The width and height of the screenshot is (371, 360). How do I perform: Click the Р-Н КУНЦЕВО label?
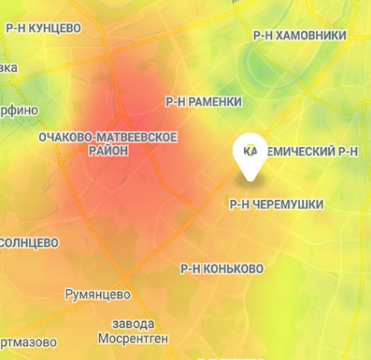pyautogui.click(x=43, y=28)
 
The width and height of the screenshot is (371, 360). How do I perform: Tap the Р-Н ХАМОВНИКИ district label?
pyautogui.click(x=299, y=35)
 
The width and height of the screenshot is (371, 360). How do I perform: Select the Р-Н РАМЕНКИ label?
pyautogui.click(x=203, y=102)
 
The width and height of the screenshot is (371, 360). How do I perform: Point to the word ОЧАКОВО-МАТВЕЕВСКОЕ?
pyautogui.click(x=107, y=137)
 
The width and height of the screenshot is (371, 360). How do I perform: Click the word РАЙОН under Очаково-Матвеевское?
pyautogui.click(x=108, y=151)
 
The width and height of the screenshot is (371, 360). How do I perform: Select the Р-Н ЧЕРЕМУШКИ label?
pyautogui.click(x=275, y=204)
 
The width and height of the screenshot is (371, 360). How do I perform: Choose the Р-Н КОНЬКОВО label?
pyautogui.click(x=222, y=268)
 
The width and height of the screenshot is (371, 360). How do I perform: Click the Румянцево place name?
pyautogui.click(x=98, y=294)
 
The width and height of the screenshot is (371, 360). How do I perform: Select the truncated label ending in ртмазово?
pyautogui.click(x=28, y=343)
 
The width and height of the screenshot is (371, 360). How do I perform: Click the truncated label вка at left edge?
pyautogui.click(x=8, y=68)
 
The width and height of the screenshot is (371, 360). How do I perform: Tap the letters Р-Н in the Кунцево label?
pyautogui.click(x=15, y=28)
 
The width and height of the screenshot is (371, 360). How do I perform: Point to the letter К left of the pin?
pyautogui.click(x=238, y=151)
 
